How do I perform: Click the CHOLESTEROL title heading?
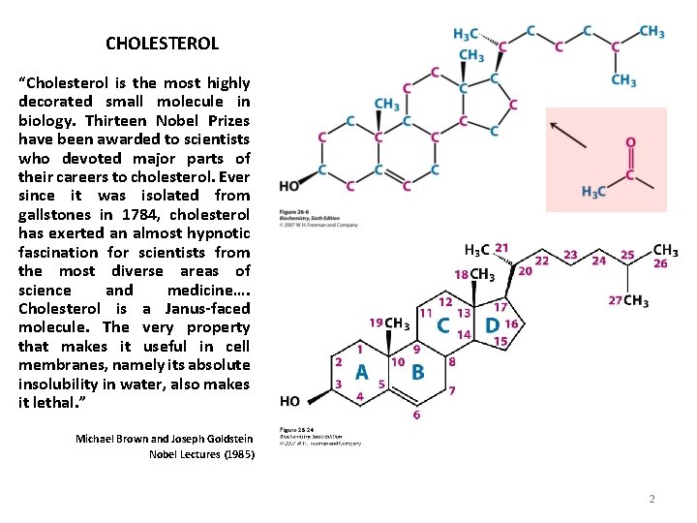(162, 44)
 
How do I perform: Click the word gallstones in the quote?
(56, 214)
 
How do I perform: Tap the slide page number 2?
(652, 499)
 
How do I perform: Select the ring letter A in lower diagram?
(361, 372)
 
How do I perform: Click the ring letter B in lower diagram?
(418, 372)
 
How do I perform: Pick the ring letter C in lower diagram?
(442, 325)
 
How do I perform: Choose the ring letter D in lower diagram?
(491, 325)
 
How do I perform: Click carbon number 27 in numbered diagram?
(615, 301)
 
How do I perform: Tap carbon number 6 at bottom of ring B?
(416, 415)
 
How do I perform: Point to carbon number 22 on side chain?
(542, 261)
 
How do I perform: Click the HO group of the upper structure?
(288, 186)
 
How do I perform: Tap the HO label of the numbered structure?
(288, 401)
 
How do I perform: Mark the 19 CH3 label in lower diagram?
(387, 323)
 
